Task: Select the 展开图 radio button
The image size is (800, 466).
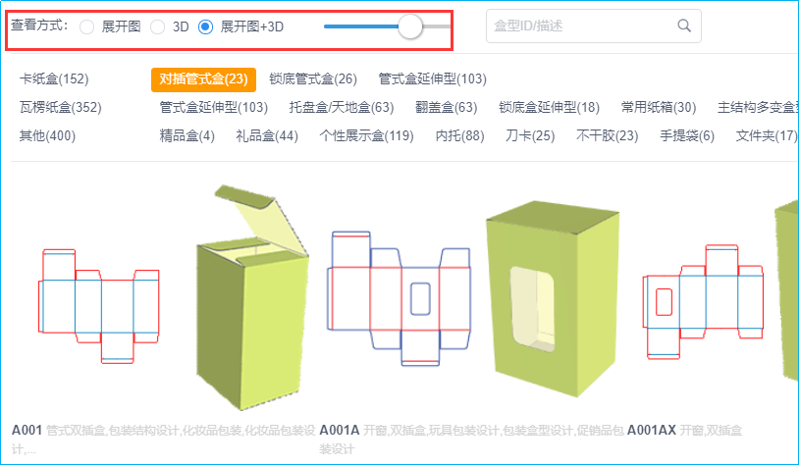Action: pyautogui.click(x=86, y=26)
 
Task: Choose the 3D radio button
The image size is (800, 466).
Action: pyautogui.click(x=158, y=26)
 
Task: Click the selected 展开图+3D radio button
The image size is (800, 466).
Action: pyautogui.click(x=205, y=26)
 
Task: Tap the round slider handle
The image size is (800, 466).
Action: pyautogui.click(x=409, y=26)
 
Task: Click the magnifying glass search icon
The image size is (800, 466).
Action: pyautogui.click(x=684, y=26)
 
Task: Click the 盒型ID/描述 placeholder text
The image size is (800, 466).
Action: pyautogui.click(x=528, y=26)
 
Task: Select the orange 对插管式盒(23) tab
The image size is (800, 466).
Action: pyautogui.click(x=203, y=79)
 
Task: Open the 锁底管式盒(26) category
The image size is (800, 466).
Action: pyautogui.click(x=313, y=79)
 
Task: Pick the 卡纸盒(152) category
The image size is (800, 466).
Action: pyautogui.click(x=54, y=79)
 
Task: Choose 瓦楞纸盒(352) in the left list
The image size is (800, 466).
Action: pyautogui.click(x=61, y=108)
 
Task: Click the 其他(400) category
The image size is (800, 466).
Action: pyautogui.click(x=47, y=136)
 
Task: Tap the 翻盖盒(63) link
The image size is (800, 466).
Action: pyautogui.click(x=447, y=108)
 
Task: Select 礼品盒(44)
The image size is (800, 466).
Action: pyautogui.click(x=267, y=136)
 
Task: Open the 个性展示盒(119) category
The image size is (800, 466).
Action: pyautogui.click(x=367, y=136)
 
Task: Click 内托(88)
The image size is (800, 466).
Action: pyautogui.click(x=459, y=136)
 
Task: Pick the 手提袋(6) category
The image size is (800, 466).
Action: pyautogui.click(x=687, y=136)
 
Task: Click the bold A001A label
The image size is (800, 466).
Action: pyautogui.click(x=340, y=431)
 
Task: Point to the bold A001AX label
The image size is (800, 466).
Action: pyautogui.click(x=652, y=431)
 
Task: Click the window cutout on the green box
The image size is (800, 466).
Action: pyautogui.click(x=533, y=309)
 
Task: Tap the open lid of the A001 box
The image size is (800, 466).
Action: pyautogui.click(x=260, y=219)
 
